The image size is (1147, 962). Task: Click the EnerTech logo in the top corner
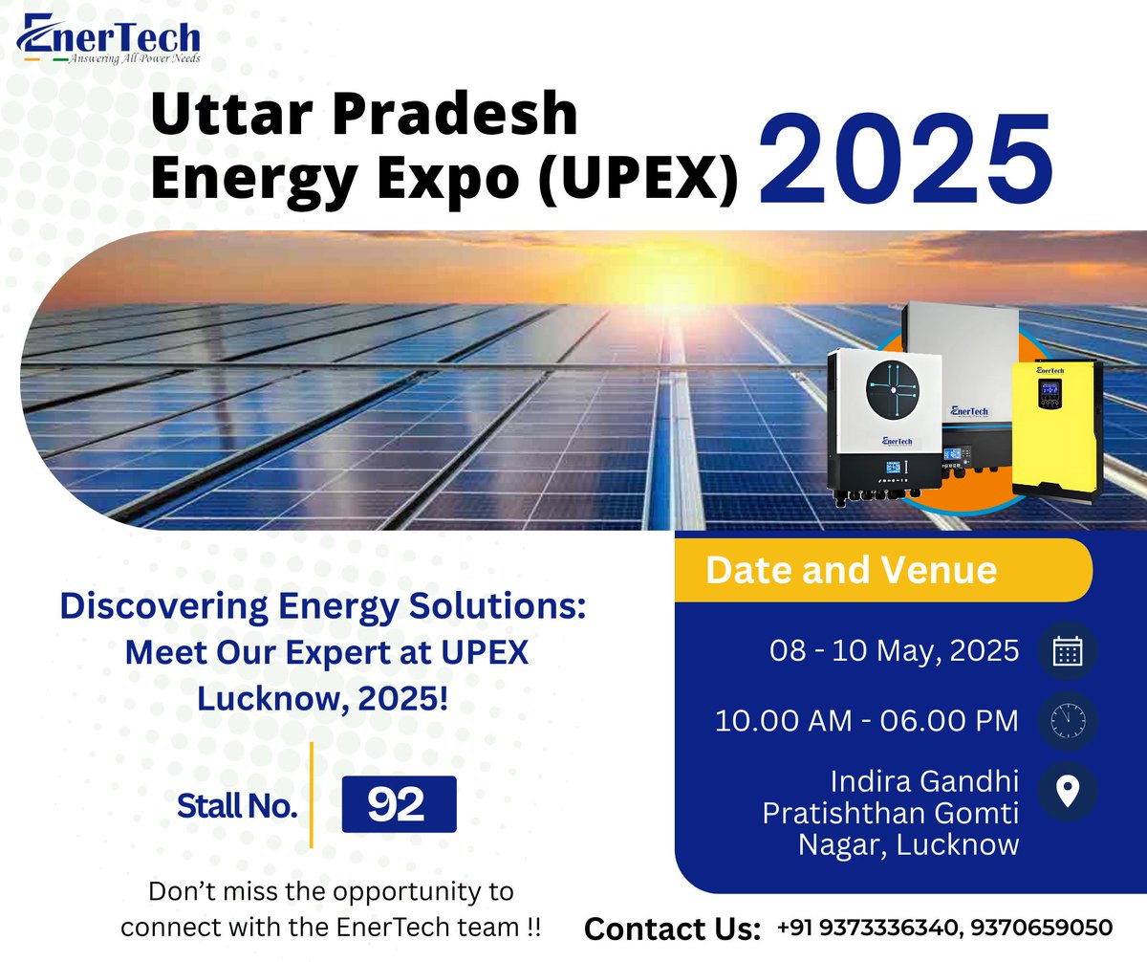coord(108,40)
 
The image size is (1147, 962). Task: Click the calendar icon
coord(1066,652)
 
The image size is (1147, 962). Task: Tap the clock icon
coord(1066,720)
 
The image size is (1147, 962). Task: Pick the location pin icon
coord(1066,791)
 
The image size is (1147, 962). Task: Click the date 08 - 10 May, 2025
coord(894,652)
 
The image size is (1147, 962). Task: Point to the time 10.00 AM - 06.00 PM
coord(867,720)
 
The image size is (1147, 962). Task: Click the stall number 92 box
coord(399,804)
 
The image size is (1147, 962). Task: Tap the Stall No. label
coord(237,806)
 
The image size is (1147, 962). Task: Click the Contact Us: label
coord(672,929)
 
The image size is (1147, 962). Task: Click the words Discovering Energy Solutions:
coord(322,606)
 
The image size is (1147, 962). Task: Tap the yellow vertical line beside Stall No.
coord(313,795)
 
